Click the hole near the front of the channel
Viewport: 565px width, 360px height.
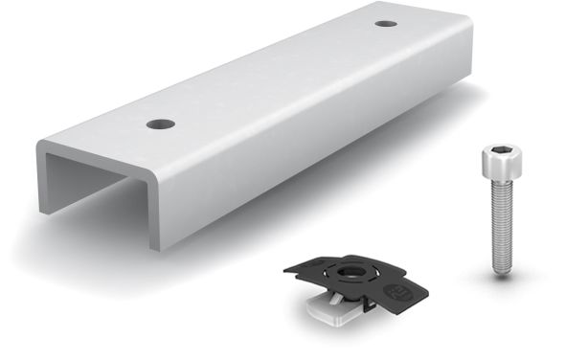tap(160, 124)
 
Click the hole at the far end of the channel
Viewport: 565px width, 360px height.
tap(386, 23)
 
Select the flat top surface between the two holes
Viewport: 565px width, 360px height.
tap(273, 75)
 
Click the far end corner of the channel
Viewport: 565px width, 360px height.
tap(468, 19)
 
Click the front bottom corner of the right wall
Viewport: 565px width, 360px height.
tap(152, 247)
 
